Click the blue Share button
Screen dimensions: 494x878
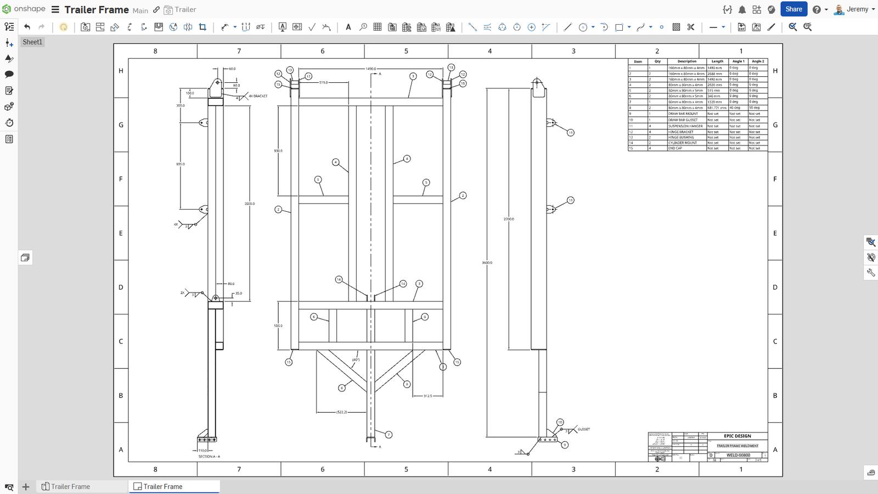793,9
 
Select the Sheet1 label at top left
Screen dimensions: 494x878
32,42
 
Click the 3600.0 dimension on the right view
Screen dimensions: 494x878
487,263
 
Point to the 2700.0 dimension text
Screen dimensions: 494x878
509,219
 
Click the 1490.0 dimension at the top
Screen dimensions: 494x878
371,69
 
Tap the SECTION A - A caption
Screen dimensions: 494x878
209,457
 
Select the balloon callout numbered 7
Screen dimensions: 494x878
389,435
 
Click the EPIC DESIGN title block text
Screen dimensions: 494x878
737,436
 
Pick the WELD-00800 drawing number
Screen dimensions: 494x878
738,454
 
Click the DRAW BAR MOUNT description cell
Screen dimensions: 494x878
683,114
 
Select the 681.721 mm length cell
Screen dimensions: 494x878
717,108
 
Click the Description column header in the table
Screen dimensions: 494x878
686,61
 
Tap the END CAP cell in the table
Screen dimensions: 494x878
675,148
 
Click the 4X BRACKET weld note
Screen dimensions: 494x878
258,96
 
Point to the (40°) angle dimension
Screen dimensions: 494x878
356,360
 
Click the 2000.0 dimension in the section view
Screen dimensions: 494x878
250,204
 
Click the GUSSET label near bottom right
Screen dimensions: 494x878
583,429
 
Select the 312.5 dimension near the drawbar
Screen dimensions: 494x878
427,395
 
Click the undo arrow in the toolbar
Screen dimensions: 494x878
27,27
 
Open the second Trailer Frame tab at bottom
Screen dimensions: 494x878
163,486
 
